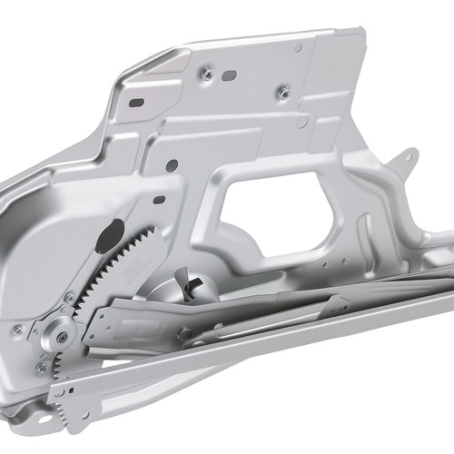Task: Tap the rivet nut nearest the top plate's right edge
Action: coord(283,91)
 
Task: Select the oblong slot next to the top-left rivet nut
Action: coord(230,74)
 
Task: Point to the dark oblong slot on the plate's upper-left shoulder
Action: coord(136,103)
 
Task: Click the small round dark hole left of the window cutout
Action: coord(172,165)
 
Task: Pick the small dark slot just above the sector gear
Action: coord(159,200)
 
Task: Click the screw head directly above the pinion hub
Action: coord(70,297)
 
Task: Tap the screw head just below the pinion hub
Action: coord(41,368)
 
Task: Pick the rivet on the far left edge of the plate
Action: coord(16,329)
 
